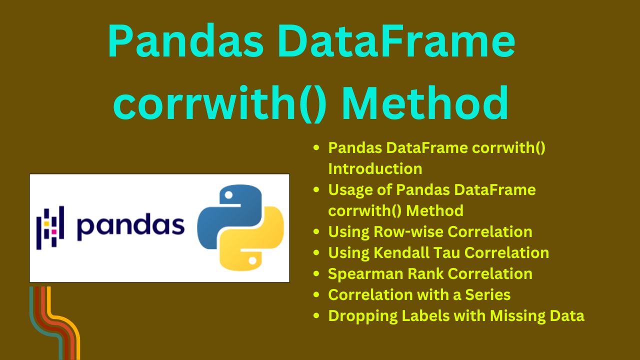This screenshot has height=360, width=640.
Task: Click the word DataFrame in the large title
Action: click(397, 41)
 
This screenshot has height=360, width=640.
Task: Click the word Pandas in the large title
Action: click(185, 41)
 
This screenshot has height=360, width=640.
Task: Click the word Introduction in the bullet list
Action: click(375, 168)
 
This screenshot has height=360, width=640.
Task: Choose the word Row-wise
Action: click(408, 231)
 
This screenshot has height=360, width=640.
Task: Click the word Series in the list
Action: click(487, 294)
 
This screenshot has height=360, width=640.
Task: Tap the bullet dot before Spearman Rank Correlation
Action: click(316, 273)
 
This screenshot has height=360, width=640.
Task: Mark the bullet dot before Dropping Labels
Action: click(316, 315)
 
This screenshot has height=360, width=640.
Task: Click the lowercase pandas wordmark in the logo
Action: click(130, 228)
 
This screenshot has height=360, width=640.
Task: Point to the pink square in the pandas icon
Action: click(53, 231)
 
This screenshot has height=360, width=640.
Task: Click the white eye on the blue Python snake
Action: click(228, 195)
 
